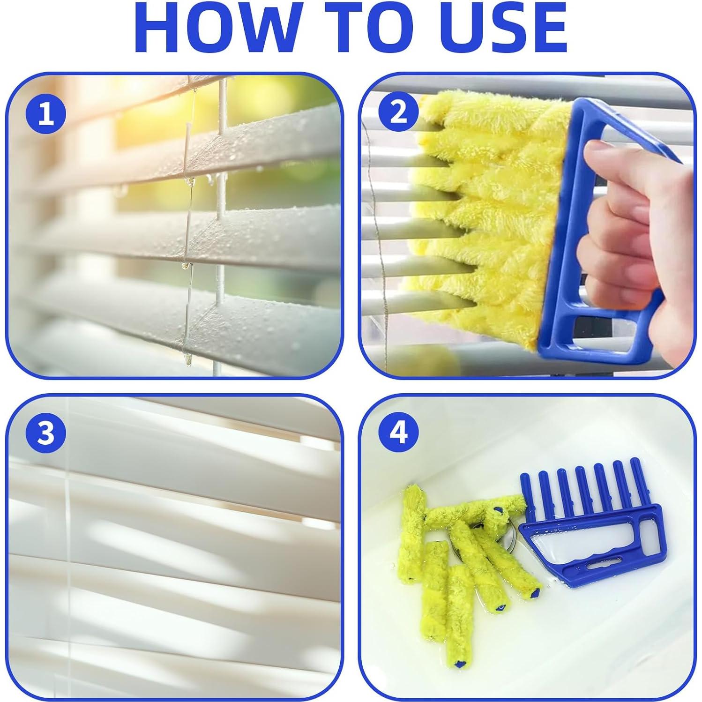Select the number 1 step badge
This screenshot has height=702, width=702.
46,114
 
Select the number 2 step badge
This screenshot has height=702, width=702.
398,114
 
